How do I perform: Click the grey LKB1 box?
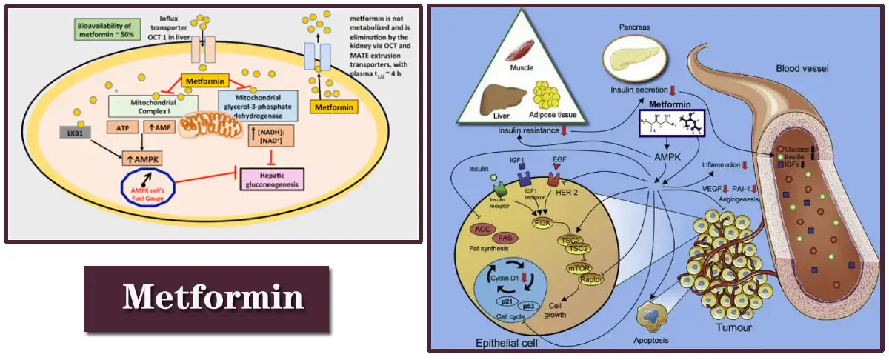coord(76,132)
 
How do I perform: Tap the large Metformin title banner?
coord(207,298)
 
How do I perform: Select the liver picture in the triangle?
coord(497,99)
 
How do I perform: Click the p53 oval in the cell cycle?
coord(529,305)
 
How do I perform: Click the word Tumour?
coord(733,327)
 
